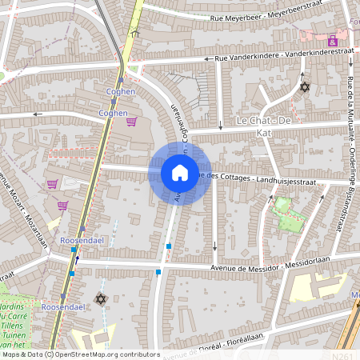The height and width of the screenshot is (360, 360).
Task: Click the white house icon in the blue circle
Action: pos(180,172)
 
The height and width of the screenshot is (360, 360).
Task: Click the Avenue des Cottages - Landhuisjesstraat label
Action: pos(262,179)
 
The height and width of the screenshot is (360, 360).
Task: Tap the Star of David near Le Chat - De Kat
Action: pos(303,86)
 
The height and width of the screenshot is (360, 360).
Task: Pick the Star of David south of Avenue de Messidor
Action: pos(101,298)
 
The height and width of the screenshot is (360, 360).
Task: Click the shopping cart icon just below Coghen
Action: pos(130,122)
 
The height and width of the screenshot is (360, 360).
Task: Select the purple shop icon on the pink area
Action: pos(332,39)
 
